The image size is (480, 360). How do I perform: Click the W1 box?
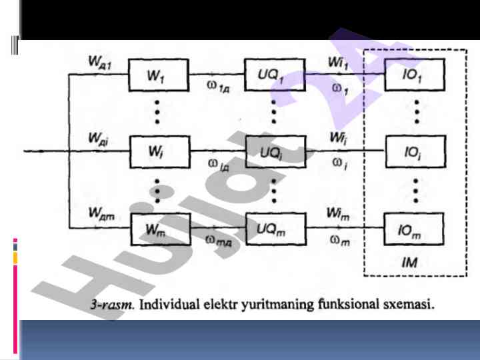click(x=159, y=76)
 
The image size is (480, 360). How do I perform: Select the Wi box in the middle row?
click(x=159, y=153)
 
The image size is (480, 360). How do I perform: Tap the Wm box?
click(x=159, y=229)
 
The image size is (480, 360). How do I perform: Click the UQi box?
click(x=274, y=151)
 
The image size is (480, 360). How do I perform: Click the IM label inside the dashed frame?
click(x=411, y=263)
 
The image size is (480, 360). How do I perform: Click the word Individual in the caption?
click(x=164, y=305)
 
